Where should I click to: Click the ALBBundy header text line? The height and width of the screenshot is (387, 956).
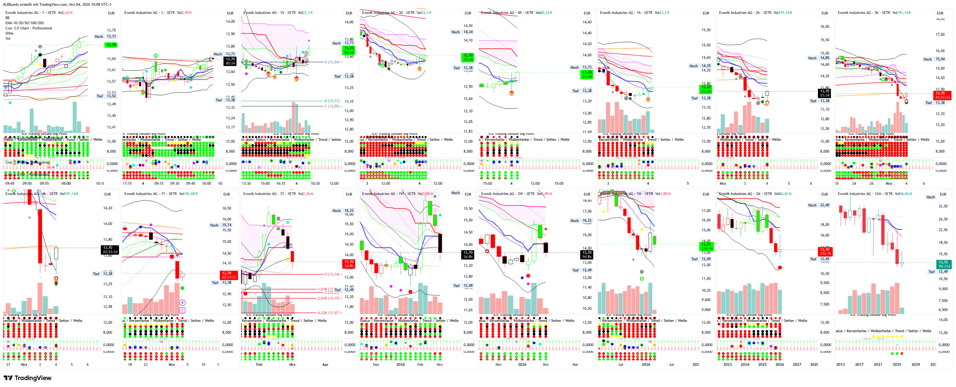point(57,5)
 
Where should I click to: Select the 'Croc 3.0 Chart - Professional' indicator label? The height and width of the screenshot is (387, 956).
point(29,28)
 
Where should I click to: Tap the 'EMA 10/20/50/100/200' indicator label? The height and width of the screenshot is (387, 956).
point(24,23)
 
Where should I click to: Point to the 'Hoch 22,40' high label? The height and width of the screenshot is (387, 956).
point(818,205)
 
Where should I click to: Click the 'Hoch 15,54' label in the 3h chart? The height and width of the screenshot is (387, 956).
point(934,59)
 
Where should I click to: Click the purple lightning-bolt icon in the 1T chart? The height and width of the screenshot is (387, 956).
point(182,302)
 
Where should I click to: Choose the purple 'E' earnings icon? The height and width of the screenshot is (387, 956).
point(182,310)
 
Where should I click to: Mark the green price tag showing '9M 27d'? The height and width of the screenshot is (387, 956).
point(943,264)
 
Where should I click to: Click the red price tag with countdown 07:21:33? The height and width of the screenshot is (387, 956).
point(229,275)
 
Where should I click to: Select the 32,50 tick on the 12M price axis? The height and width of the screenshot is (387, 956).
point(943,206)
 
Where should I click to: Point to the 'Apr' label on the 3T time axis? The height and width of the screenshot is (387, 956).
point(325,364)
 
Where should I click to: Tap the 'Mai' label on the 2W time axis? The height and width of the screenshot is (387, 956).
point(575,364)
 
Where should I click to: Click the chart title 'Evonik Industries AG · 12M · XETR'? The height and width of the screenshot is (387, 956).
point(865,194)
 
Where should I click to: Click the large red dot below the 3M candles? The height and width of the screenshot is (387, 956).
point(780,268)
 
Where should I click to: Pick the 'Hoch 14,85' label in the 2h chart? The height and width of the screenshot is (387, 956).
point(818,58)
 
